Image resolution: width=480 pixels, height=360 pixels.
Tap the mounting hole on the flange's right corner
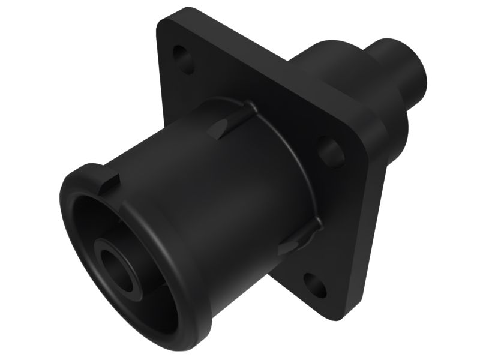point(329,151)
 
